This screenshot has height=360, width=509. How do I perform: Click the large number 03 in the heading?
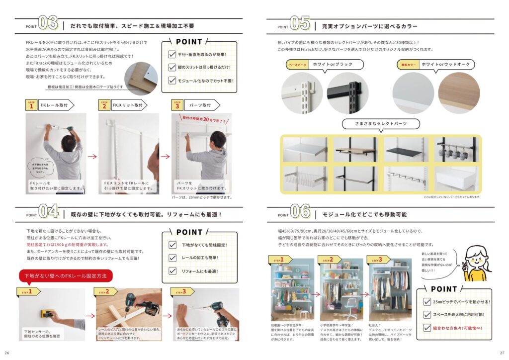[48, 23]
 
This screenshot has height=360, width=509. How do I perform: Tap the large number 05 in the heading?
[300, 24]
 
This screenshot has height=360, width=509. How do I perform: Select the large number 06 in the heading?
[301, 212]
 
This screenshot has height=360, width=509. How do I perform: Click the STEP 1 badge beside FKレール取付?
[31, 105]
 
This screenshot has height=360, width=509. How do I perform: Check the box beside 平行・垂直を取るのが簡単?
[172, 55]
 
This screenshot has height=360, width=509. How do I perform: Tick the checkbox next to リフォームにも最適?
[172, 271]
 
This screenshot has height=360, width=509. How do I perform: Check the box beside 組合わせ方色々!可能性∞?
[426, 328]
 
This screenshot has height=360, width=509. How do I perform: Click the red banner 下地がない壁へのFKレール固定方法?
[66, 275]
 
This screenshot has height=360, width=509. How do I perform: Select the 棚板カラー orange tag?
[407, 65]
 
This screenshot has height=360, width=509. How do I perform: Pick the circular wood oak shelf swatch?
[459, 92]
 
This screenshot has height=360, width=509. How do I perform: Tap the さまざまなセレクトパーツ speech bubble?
[381, 123]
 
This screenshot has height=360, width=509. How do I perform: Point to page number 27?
[502, 353]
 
